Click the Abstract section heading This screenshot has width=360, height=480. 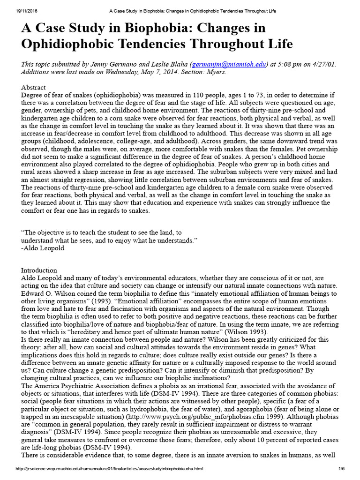[34, 88]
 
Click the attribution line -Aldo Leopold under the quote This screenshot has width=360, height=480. [43, 248]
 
